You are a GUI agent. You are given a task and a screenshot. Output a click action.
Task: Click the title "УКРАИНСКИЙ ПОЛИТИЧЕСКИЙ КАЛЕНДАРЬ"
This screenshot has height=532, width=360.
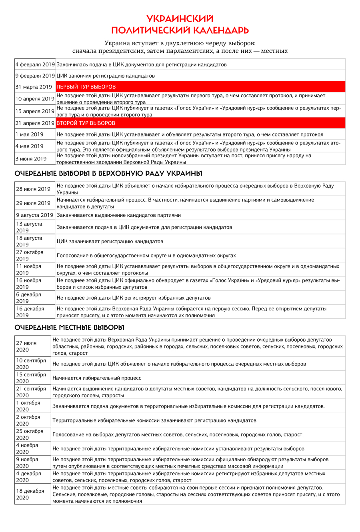tap(180, 24)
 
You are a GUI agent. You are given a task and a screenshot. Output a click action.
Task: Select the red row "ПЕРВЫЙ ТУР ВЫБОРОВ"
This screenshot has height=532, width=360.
tap(200, 87)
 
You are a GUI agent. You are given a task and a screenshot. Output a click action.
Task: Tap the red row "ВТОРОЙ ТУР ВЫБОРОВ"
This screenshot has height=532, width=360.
tap(200, 123)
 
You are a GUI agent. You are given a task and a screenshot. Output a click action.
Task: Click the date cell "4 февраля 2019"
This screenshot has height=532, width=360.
tap(35, 64)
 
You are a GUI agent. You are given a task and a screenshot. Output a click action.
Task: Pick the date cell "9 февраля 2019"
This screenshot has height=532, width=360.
tap(35, 76)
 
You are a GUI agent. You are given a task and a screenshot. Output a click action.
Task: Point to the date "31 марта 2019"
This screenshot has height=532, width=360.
tap(34, 87)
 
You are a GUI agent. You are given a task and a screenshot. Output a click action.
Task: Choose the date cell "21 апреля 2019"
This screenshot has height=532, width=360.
tap(35, 123)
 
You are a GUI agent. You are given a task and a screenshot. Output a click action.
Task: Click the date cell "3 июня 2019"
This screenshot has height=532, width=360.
tap(31, 159)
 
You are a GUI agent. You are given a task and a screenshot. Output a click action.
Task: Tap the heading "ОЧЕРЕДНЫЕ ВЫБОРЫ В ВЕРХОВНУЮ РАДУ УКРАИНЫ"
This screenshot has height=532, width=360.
tap(108, 174)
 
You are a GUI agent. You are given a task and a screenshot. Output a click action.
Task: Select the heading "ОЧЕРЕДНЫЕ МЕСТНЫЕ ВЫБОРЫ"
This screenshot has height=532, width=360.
tap(69, 328)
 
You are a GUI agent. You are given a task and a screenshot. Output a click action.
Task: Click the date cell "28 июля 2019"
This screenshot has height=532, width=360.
tap(33, 189)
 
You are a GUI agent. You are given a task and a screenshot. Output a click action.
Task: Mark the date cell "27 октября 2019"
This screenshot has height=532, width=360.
tap(30, 255)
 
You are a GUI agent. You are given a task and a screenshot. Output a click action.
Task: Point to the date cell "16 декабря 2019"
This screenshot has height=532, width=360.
tap(30, 312)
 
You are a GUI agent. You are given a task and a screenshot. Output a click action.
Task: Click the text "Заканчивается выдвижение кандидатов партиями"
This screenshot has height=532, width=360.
tap(118, 215)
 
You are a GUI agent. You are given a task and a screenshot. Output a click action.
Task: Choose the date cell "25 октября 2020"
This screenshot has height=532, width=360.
tap(30, 434)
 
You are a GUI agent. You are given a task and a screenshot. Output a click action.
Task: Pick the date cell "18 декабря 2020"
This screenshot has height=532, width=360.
tap(30, 494)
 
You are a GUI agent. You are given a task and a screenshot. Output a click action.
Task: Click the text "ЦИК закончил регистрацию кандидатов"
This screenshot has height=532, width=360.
tap(106, 76)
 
